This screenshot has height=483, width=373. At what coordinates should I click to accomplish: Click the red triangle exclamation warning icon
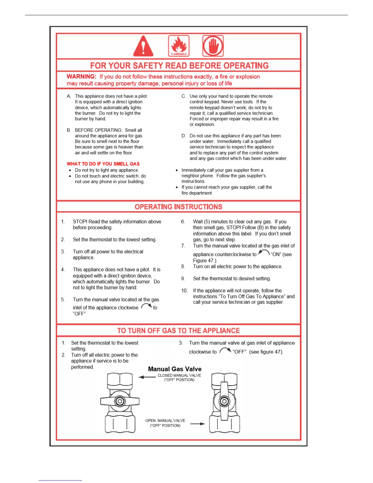143,46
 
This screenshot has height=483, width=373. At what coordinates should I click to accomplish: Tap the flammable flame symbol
179,46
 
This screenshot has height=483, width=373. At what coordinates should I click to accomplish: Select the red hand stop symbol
213,46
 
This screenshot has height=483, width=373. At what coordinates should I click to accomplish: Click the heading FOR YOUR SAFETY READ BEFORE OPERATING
179,66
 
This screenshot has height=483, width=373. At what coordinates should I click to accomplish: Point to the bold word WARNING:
81,77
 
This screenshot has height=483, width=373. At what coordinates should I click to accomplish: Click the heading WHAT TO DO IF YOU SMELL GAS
103,164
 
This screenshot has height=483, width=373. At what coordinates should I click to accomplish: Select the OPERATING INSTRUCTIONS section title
179,207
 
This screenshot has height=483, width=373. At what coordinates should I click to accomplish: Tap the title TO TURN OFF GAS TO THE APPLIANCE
179,331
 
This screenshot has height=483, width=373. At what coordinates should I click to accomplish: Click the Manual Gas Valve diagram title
175,369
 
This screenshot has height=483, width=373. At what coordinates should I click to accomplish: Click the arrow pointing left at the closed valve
147,377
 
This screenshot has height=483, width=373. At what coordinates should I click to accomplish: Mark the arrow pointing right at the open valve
198,424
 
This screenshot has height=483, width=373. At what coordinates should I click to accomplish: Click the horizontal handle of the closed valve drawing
120,401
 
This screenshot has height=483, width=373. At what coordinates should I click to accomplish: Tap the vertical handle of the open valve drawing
224,401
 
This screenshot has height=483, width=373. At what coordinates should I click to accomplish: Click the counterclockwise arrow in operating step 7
264,252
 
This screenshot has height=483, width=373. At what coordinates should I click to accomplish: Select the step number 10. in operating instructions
184,291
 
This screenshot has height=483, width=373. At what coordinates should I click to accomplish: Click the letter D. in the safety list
184,136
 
